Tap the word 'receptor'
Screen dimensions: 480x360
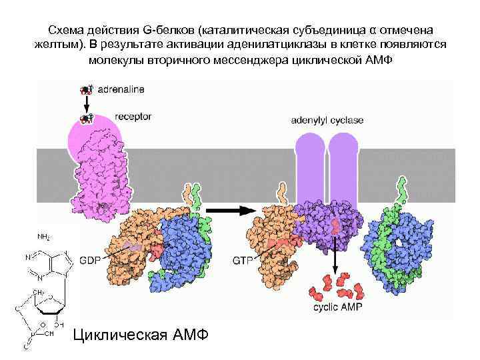coord(133,117)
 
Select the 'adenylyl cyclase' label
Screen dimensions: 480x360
coord(327,120)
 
